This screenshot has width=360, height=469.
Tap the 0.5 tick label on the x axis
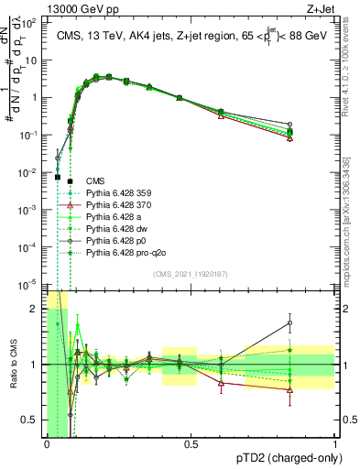click(x=191, y=444)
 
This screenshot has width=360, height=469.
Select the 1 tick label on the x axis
click(x=335, y=444)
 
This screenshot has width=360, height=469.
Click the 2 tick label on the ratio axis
click(x=35, y=309)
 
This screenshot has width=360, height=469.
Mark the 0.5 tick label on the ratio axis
click(x=31, y=420)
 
